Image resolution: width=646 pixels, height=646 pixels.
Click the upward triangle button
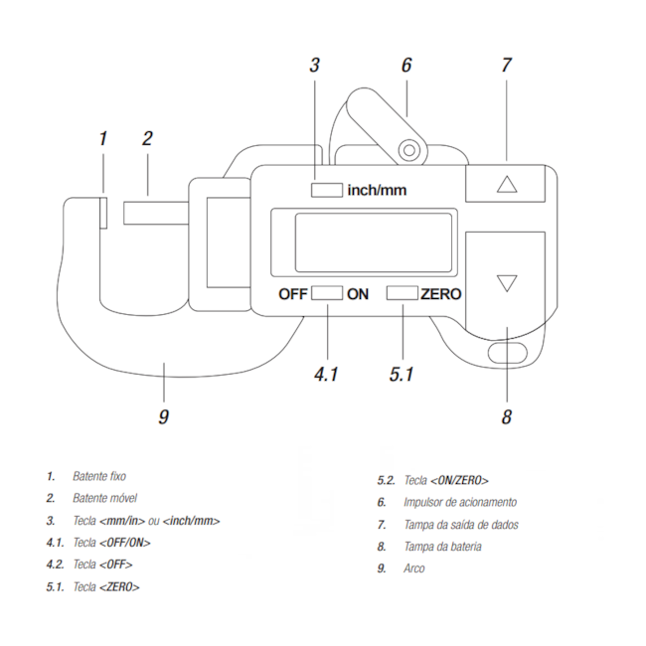507,184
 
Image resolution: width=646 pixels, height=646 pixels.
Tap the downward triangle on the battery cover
507,283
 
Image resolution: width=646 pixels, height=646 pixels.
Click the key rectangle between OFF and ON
327,293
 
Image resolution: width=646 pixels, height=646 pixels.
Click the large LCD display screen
362,242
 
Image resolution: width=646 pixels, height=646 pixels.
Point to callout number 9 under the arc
164,416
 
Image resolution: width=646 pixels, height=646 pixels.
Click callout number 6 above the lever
405,66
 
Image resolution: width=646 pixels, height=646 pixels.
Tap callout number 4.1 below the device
326,375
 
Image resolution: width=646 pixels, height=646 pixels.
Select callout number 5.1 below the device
403,375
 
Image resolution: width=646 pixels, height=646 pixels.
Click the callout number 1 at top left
102,138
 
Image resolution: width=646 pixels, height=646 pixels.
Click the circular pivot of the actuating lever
408,150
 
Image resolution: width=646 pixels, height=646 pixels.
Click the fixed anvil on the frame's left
104,212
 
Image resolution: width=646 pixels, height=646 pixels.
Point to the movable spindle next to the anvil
154,212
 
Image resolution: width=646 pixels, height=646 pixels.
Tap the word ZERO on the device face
441,294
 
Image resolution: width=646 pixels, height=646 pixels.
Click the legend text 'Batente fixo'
98,477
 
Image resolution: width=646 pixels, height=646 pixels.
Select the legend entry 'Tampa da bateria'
442,547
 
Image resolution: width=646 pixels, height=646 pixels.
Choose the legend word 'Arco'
413,568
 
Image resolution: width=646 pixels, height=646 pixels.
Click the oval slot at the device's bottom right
508,353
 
